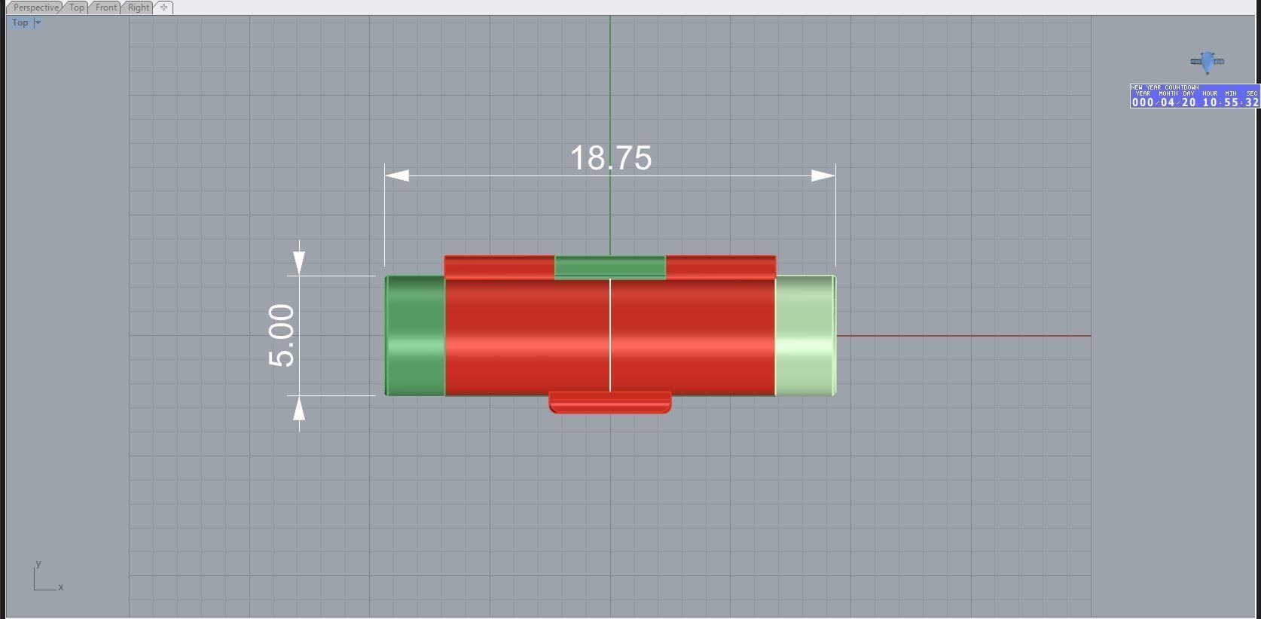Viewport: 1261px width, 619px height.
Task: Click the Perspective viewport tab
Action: coord(35,8)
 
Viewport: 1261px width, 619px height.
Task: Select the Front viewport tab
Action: coord(105,8)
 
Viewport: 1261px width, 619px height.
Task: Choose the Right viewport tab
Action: coord(139,8)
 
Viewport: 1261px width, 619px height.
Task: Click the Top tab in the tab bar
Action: coord(76,8)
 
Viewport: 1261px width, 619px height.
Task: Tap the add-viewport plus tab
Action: coord(164,8)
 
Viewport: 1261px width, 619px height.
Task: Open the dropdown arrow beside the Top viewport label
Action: coord(38,23)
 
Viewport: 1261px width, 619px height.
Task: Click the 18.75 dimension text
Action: coord(610,158)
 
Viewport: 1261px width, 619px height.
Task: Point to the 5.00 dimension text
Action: coord(282,335)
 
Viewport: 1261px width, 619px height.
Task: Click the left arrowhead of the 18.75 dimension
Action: coord(397,175)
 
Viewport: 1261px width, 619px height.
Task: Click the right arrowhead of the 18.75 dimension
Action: coord(823,175)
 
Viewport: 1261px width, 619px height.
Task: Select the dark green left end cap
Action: coord(415,335)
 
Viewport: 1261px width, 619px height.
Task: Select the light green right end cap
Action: coord(805,335)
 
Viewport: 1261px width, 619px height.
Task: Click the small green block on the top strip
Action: coord(610,267)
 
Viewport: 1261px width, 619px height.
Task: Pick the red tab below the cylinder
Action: coord(610,402)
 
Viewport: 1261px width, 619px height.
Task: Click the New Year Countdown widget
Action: coord(1194,96)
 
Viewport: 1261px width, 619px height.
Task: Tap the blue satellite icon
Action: coord(1208,62)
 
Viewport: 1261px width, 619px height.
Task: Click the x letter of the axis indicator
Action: coord(61,587)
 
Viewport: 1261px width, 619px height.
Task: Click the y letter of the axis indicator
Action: coord(38,563)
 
